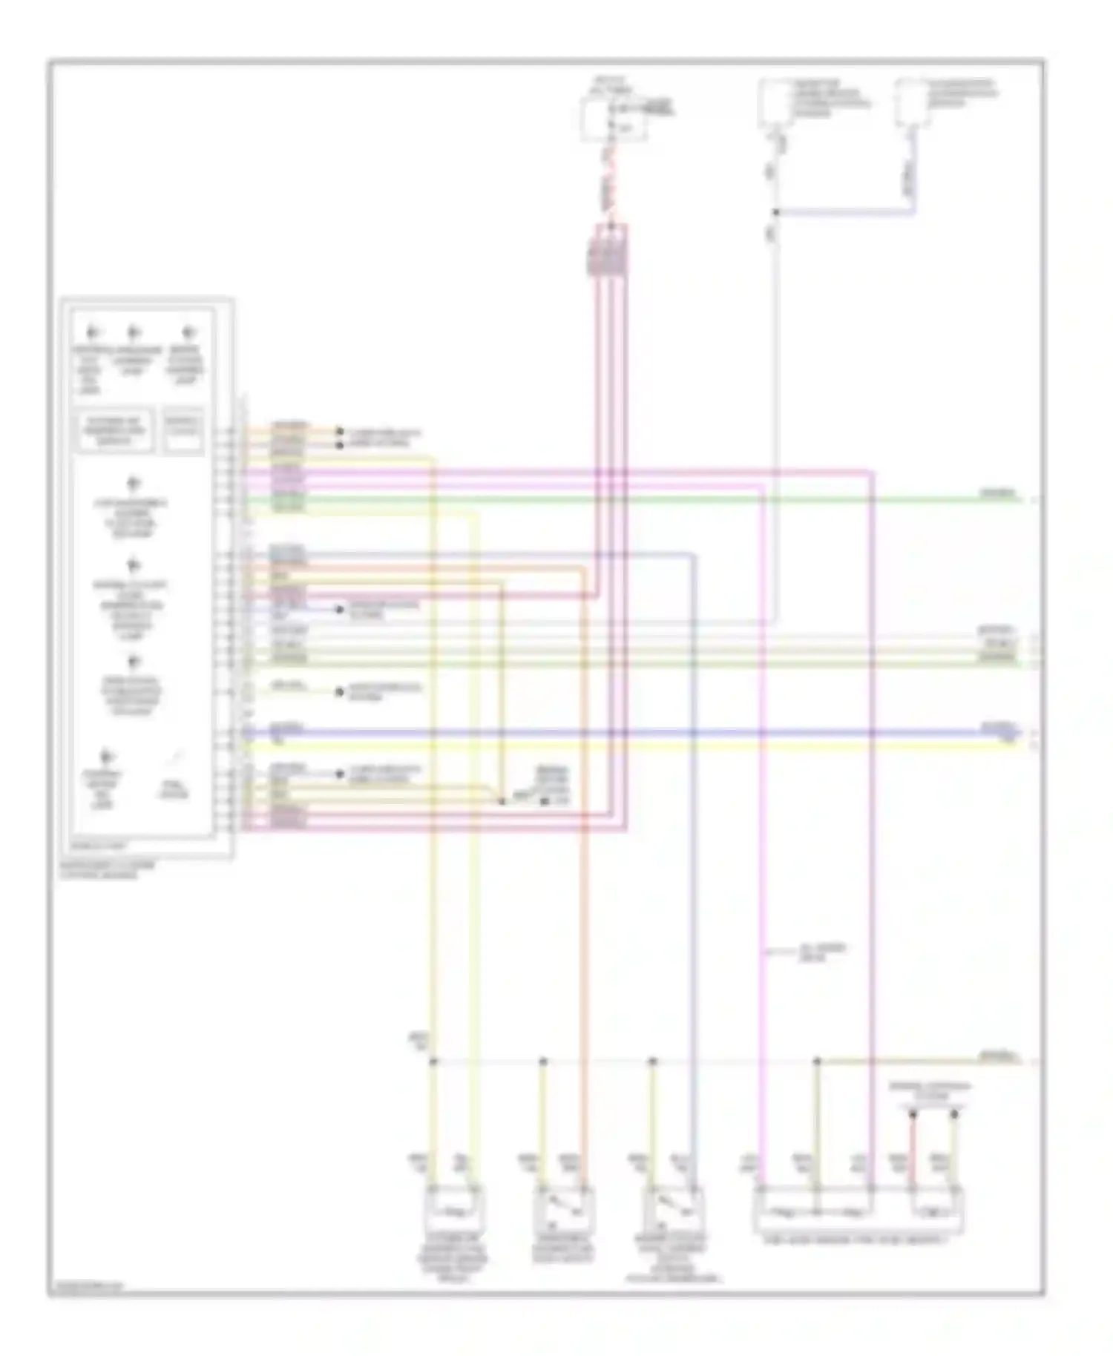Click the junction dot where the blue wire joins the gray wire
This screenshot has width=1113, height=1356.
tap(775, 212)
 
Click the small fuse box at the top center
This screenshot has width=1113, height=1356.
tap(613, 119)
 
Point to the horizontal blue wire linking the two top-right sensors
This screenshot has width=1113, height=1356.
tap(846, 213)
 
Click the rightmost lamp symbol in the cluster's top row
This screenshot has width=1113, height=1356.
tap(189, 333)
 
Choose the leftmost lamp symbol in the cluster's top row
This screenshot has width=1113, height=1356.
tap(91, 333)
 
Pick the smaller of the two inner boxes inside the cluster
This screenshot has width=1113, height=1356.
tap(183, 430)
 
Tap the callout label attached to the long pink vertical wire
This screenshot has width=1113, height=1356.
tap(812, 953)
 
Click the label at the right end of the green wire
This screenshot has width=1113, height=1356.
tap(998, 493)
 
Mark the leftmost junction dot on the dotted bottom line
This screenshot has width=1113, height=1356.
tap(433, 1062)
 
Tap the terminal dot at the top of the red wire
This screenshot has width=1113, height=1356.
tap(913, 1114)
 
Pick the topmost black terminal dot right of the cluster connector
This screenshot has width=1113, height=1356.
tap(339, 432)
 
